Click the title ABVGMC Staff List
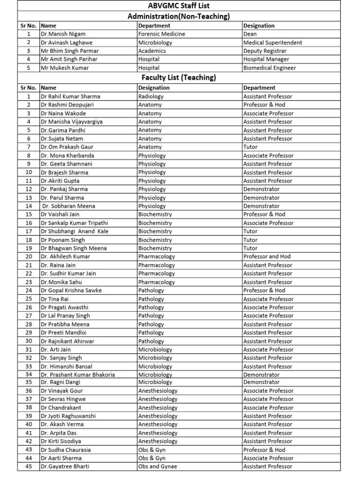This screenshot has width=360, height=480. coord(179,6)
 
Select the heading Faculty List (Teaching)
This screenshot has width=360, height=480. coord(179,77)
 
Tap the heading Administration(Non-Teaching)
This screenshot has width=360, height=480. coord(179,16)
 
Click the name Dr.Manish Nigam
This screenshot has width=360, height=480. coord(63,34)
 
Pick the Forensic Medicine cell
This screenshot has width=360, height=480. coord(162,34)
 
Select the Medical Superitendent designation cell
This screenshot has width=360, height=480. coord(273,43)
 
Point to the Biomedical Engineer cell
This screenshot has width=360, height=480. coord(270,68)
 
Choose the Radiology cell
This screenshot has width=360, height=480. coord(151,97)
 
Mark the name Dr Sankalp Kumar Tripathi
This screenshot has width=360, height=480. coord(74,223)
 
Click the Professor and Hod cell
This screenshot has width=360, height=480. coord(267,257)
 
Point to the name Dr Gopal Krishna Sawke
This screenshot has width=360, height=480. coord(71,291)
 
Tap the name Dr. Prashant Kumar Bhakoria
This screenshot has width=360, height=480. coord(78,375)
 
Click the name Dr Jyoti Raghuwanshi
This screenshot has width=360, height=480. coord(68,416)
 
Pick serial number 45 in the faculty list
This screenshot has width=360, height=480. coord(29,467)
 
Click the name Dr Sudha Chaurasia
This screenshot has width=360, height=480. coord(66,450)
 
